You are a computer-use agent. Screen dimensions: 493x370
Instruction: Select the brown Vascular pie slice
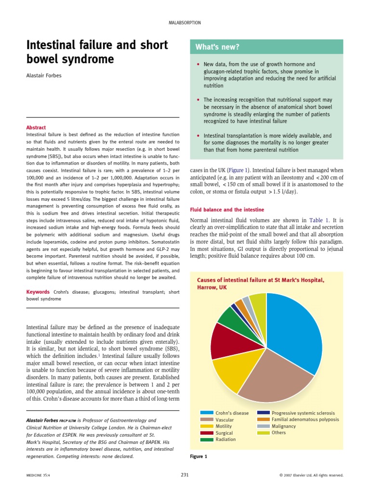275,378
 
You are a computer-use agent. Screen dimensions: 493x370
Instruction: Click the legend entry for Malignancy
284,426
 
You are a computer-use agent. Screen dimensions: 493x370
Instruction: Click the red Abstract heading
36,128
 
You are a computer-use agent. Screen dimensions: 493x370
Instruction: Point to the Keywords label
38,292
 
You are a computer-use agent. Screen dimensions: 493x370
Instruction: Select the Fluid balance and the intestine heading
227,209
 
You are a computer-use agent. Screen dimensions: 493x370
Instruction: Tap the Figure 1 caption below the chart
199,456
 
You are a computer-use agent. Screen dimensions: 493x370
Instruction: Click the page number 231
185,475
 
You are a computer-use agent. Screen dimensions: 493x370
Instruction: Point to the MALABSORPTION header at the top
185,23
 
